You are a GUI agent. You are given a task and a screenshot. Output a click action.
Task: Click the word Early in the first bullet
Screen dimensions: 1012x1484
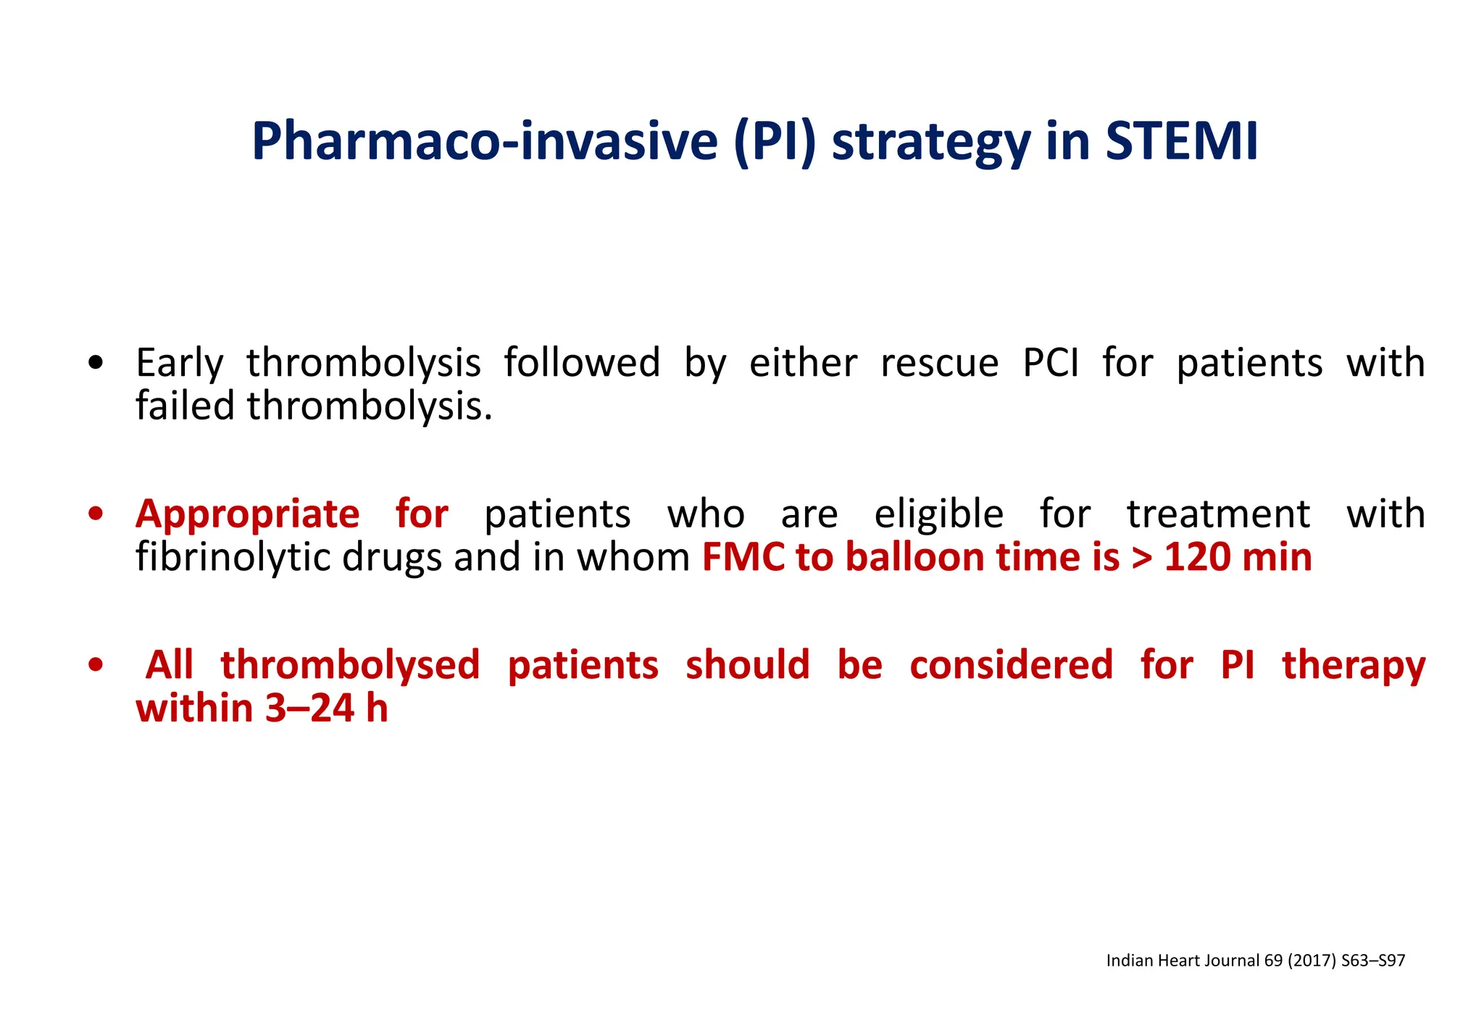click(179, 363)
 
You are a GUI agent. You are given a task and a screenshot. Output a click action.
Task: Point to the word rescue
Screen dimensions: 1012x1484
click(939, 363)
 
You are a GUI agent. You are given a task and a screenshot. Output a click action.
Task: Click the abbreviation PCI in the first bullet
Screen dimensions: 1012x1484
click(1050, 363)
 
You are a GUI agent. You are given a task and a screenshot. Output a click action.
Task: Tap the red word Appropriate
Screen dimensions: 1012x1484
click(247, 514)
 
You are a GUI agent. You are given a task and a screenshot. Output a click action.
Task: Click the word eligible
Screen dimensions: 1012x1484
click(938, 514)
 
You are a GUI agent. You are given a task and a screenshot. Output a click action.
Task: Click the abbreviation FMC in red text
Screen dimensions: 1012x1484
click(743, 557)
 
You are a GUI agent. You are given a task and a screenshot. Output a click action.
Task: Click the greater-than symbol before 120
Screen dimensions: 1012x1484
click(1141, 559)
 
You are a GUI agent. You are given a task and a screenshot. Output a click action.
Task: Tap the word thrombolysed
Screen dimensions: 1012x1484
click(350, 665)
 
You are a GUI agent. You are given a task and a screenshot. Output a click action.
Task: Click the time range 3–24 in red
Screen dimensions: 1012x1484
click(309, 708)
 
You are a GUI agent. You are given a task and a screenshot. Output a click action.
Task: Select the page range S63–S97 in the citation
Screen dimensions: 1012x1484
click(1373, 961)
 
